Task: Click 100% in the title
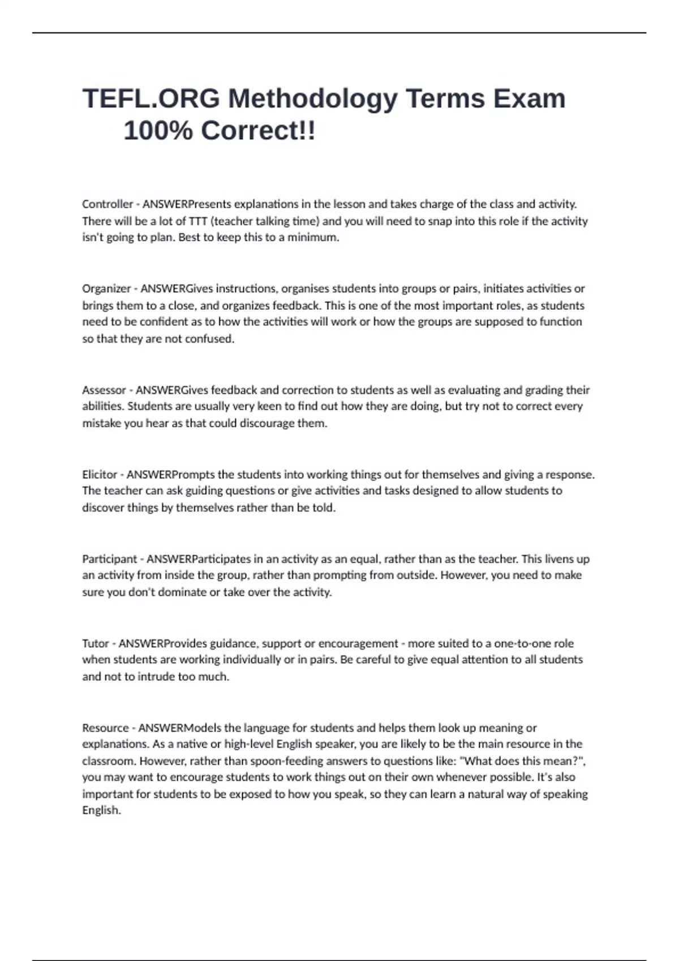point(158,131)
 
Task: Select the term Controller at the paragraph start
point(108,204)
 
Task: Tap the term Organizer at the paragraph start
point(106,289)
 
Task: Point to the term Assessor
point(104,390)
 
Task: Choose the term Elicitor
point(100,475)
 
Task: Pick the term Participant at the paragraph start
point(109,559)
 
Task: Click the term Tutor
point(96,643)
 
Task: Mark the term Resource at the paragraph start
point(105,728)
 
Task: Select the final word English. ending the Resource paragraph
point(102,811)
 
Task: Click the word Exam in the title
point(529,99)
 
